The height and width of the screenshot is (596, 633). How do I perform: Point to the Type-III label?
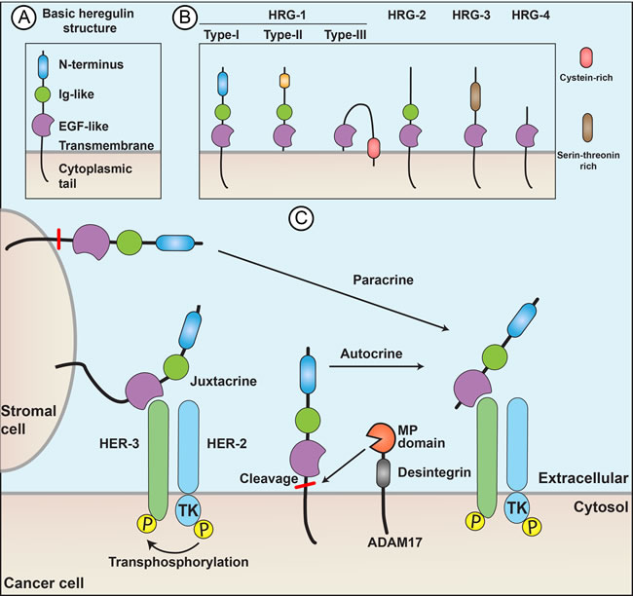tap(346, 36)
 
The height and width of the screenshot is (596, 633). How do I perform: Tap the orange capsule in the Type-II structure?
tap(284, 82)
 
